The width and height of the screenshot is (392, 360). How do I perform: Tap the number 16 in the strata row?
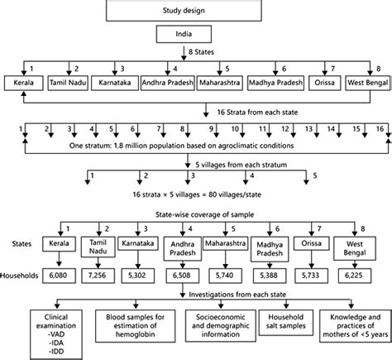(379, 129)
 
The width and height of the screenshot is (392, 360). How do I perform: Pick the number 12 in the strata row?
(286, 129)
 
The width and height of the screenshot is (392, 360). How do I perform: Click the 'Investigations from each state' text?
(234, 294)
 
